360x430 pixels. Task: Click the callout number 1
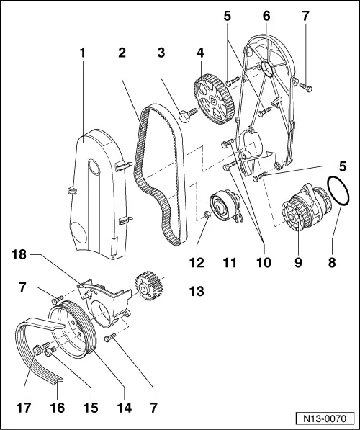(x=83, y=53)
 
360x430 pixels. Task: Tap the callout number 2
(x=122, y=53)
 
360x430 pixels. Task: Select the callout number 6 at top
(x=266, y=16)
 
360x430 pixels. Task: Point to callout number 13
(x=197, y=291)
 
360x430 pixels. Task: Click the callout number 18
(x=19, y=255)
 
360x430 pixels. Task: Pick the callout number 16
(x=58, y=408)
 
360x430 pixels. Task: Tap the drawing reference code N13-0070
(x=325, y=418)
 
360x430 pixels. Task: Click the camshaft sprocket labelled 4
(x=213, y=99)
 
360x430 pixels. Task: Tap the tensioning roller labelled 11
(x=224, y=205)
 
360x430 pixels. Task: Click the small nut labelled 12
(x=207, y=214)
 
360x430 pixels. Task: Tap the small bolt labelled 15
(x=50, y=351)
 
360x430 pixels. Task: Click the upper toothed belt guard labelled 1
(x=99, y=194)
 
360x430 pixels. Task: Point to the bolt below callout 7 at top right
(x=305, y=86)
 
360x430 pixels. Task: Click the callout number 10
(x=264, y=263)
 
